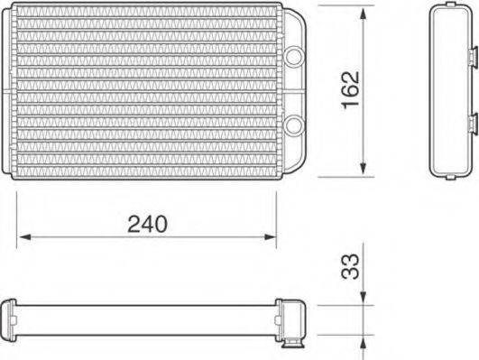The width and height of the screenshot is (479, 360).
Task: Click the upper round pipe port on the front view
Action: pyautogui.click(x=294, y=55)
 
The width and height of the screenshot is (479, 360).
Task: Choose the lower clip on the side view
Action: pyautogui.click(x=472, y=122)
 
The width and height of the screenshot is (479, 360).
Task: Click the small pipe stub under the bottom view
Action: pyautogui.click(x=293, y=344)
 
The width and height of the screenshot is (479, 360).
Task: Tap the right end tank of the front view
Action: pyautogui.click(x=294, y=90)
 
